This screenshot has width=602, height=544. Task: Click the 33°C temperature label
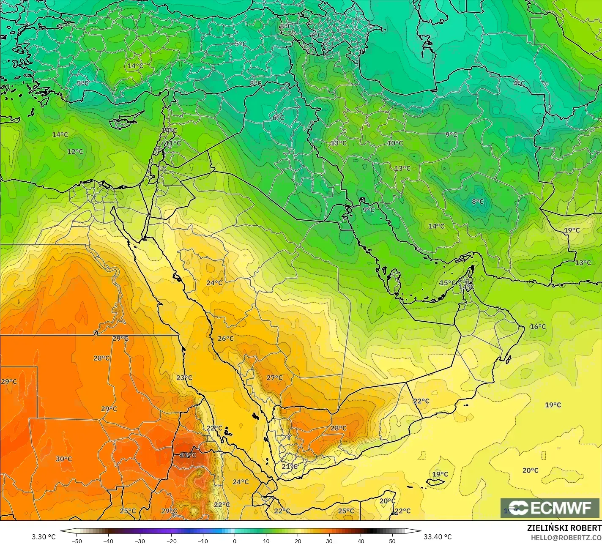click(x=188, y=455)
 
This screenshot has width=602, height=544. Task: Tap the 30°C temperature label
click(x=64, y=459)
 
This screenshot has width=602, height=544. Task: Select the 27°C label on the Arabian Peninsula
click(x=274, y=377)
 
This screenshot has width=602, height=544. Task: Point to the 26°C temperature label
click(x=225, y=339)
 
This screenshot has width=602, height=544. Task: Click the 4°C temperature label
click(x=519, y=83)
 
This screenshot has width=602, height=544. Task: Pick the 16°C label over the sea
click(x=538, y=327)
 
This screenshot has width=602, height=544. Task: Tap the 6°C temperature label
click(x=278, y=118)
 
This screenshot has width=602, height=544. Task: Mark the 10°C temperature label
click(x=395, y=143)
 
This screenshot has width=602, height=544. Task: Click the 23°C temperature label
click(x=184, y=377)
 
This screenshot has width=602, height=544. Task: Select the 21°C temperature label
click(x=290, y=467)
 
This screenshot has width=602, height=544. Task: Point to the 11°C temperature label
click(x=173, y=143)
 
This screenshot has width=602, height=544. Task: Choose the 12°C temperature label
click(x=75, y=151)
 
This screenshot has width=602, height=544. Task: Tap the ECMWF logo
click(x=550, y=508)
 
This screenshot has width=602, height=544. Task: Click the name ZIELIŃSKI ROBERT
click(x=564, y=528)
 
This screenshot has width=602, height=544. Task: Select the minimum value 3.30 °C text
click(x=44, y=537)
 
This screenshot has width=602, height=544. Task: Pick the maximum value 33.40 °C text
click(x=438, y=537)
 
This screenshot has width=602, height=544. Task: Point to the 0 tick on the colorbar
click(x=235, y=541)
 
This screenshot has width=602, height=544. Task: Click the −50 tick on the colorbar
click(x=77, y=541)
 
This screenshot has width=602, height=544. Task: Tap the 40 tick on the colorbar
click(x=361, y=541)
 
